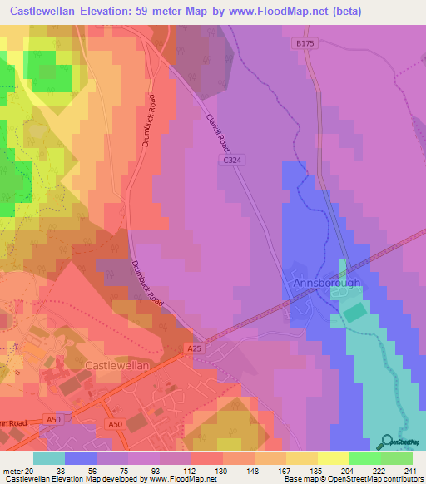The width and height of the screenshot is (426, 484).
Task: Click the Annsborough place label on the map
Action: pos(326,283)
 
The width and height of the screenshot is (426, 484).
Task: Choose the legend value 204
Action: pos(348,470)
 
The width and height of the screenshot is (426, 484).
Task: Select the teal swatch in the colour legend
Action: pos(49,458)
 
